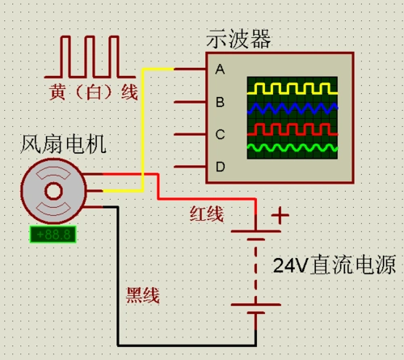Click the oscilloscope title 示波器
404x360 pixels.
pyautogui.click(x=239, y=38)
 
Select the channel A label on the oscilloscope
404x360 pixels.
pyautogui.click(x=219, y=70)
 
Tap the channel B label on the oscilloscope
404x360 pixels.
pyautogui.click(x=219, y=102)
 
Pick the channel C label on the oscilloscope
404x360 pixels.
pyautogui.click(x=219, y=134)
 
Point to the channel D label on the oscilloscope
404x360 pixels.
pyautogui.click(x=219, y=167)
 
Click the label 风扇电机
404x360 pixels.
pyautogui.click(x=62, y=146)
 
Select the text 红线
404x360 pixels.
pyautogui.click(x=207, y=214)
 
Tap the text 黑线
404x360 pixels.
pyautogui.click(x=143, y=296)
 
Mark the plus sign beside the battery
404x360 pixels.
pyautogui.click(x=280, y=216)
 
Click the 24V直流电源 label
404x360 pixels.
pyautogui.click(x=337, y=265)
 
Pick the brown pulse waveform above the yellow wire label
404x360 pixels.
pyautogui.click(x=90, y=57)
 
